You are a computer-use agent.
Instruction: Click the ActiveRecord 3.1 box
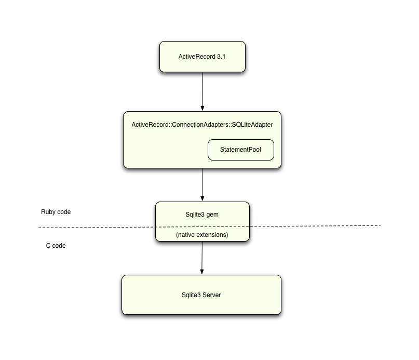[202, 56]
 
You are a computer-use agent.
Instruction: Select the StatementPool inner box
[240, 150]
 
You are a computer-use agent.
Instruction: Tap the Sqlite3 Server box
[201, 295]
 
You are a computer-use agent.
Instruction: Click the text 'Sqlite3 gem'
[202, 213]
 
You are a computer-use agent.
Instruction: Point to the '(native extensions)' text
[202, 235]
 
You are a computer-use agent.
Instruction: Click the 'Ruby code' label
[56, 212]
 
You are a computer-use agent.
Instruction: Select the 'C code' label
[56, 246]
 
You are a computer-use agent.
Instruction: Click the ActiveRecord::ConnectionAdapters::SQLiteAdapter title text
[202, 125]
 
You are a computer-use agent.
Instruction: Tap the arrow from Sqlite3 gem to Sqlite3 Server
[202, 257]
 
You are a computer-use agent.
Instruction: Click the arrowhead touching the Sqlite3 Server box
[202, 272]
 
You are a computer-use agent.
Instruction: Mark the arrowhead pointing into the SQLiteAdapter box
[202, 108]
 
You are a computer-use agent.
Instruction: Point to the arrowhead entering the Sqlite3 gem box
[202, 199]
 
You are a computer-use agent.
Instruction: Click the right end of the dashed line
[380, 225]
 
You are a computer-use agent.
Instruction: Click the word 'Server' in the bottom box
[211, 295]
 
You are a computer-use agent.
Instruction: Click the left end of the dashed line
[40, 228]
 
